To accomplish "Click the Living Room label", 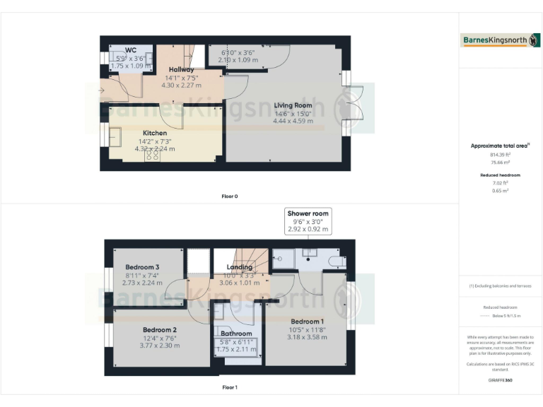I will coord(293,105).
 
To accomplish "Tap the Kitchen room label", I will coord(155,133).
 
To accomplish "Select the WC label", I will coord(131,50).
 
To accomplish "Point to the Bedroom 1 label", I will coord(307,321).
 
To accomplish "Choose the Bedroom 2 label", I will coord(160,330).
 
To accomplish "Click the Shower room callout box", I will coord(308,221).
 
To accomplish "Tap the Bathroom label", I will coord(236,333).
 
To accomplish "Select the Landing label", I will coord(240,267).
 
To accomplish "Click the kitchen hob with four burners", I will coord(152,156).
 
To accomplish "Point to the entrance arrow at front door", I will coord(103,90).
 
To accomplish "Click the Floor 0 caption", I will coord(229,196).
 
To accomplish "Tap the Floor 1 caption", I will coord(229,387).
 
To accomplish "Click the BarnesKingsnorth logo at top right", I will coord(501,40).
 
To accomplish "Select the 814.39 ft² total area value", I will coord(500,154).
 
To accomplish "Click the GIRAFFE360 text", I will coord(500,380).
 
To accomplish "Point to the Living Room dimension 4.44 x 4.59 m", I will coord(293,121).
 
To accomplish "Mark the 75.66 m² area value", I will coord(500,162).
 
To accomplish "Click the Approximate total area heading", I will coord(500,146).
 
